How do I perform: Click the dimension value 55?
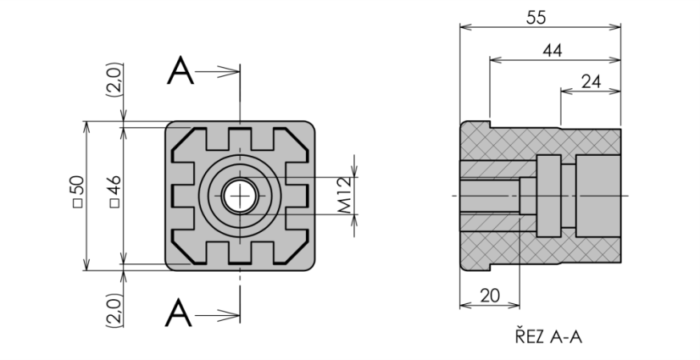point(536,18)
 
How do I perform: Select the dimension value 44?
point(553,51)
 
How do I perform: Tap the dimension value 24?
point(591,81)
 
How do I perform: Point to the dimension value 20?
point(490,296)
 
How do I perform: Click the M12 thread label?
point(345,196)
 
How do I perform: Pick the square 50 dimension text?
point(78,191)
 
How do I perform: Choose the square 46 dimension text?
point(114,191)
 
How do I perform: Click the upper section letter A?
point(181,70)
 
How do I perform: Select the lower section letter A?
point(179,313)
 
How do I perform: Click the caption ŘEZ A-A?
point(548,336)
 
